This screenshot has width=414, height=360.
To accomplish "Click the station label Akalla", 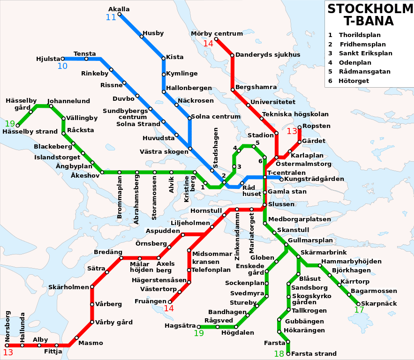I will (119, 9).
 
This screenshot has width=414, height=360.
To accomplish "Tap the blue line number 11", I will (111, 18).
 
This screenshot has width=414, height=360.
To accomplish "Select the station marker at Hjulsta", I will (62, 59).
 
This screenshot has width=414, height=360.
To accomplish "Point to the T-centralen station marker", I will (265, 177).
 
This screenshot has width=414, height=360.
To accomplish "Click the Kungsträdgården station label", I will (314, 179).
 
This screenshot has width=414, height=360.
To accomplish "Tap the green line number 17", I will (359, 310).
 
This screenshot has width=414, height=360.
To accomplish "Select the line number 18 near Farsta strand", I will (279, 354).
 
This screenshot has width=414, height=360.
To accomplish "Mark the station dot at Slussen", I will (264, 204).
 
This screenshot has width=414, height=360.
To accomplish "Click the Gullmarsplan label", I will (310, 240).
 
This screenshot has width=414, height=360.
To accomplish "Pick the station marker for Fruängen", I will (170, 301).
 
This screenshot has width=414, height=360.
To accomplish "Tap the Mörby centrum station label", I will (217, 33).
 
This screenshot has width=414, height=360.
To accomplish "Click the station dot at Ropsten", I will (300, 127).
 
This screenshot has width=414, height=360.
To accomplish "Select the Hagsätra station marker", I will (199, 327).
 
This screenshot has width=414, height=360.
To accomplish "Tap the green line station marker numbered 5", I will (253, 147).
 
